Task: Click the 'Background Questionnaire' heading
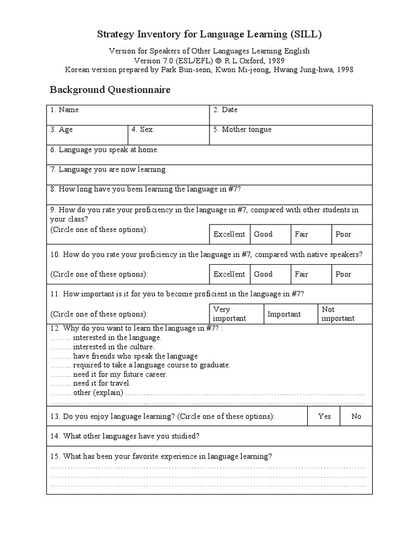coord(110,90)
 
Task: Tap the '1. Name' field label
coord(64,110)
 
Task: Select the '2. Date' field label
coord(225,110)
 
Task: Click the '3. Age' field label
coord(62,129)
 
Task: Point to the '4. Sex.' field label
coord(143,129)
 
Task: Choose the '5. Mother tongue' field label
coord(242,129)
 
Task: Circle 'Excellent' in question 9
coord(229,234)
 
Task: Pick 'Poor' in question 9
coord(344,234)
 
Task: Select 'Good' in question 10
coord(264,274)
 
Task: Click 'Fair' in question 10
coord(302,274)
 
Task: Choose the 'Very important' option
coord(229,314)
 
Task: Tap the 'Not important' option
coord(338,314)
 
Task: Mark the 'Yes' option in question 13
coord(325,416)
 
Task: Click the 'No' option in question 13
coord(356,416)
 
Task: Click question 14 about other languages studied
coord(125,436)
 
